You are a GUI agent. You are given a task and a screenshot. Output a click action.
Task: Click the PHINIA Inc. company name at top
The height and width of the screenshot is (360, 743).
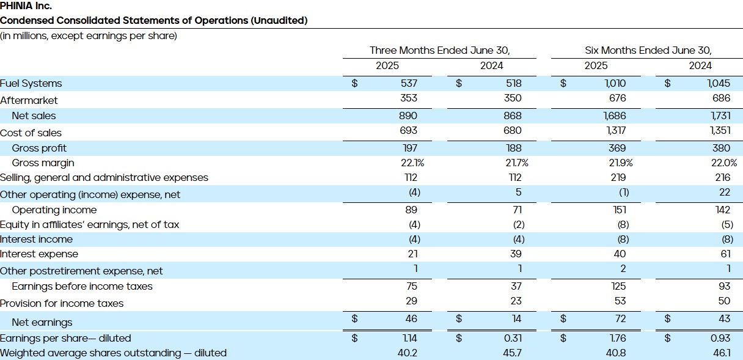pyautogui.click(x=26, y=6)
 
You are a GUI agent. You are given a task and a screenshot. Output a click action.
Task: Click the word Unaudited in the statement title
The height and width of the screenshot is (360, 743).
pyautogui.click(x=278, y=21)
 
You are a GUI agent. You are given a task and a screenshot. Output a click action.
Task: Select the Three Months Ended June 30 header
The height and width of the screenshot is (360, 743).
pyautogui.click(x=439, y=50)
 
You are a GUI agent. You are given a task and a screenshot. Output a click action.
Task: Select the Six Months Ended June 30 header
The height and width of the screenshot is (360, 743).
pyautogui.click(x=648, y=50)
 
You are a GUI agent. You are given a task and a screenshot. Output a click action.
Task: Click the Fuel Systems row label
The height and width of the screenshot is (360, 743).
pyautogui.click(x=31, y=84)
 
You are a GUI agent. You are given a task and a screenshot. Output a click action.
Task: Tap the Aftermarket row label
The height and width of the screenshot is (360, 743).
pyautogui.click(x=29, y=100)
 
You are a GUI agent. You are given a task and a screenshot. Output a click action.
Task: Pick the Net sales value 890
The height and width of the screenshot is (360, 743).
pyautogui.click(x=408, y=116)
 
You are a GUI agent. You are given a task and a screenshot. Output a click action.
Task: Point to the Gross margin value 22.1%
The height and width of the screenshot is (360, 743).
pyautogui.click(x=411, y=163)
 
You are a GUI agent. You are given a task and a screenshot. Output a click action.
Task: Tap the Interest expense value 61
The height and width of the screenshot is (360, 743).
pyautogui.click(x=723, y=254)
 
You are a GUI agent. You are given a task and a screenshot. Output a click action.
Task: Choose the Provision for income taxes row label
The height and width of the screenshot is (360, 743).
pyautogui.click(x=62, y=303)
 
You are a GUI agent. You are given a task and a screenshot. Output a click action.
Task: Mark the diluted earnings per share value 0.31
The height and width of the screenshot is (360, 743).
pyautogui.click(x=513, y=338)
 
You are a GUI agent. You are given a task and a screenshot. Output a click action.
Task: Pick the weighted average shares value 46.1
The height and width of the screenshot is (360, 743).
pyautogui.click(x=720, y=353)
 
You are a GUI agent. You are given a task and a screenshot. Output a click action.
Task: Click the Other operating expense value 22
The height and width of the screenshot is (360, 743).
pyautogui.click(x=724, y=193)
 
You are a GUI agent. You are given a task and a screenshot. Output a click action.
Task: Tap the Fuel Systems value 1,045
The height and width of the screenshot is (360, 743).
pyautogui.click(x=718, y=83)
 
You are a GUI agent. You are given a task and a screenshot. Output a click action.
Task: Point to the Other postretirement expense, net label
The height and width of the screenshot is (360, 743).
pyautogui.click(x=81, y=271)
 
